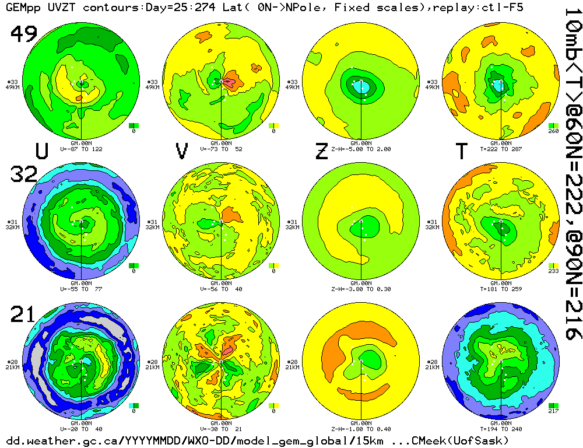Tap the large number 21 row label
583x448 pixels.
tap(24, 315)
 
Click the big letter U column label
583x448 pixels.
tap(41, 151)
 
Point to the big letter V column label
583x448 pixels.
tap(182, 151)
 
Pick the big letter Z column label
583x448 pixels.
tap(321, 151)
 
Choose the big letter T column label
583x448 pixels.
tap(461, 151)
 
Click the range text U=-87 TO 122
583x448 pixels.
tap(82, 149)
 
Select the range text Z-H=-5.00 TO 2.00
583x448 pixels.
tap(361, 149)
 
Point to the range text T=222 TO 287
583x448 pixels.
tap(501, 149)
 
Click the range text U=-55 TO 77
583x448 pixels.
tap(82, 288)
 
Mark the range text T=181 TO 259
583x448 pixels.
tap(501, 288)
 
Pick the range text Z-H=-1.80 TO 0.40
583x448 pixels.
tap(361, 428)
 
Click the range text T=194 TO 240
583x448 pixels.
tap(501, 428)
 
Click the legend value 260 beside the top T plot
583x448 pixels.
tap(553, 131)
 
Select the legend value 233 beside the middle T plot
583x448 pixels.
tap(553, 271)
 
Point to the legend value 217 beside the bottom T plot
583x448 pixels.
tap(553, 411)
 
